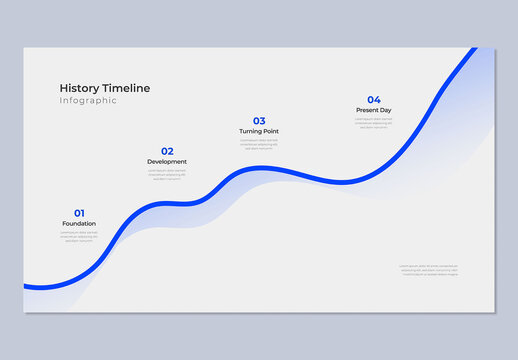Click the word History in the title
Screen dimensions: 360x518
80,88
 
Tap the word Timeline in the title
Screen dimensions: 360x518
126,88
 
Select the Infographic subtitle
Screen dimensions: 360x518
88,101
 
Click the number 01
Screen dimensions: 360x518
79,213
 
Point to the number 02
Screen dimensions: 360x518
167,151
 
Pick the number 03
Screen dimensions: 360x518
259,121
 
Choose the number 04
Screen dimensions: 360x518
373,99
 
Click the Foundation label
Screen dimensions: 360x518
79,223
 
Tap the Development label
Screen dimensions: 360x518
167,161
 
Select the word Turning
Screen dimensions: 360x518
251,131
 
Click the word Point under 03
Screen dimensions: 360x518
270,131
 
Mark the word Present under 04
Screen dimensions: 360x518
367,109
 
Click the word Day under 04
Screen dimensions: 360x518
386,109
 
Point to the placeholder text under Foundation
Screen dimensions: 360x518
79,237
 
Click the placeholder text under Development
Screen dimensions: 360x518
167,175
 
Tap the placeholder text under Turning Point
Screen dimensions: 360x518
259,145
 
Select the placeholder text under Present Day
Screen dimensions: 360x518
373,123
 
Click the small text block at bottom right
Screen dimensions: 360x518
429,270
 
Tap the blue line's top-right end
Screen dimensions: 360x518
474,50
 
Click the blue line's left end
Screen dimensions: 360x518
27,286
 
